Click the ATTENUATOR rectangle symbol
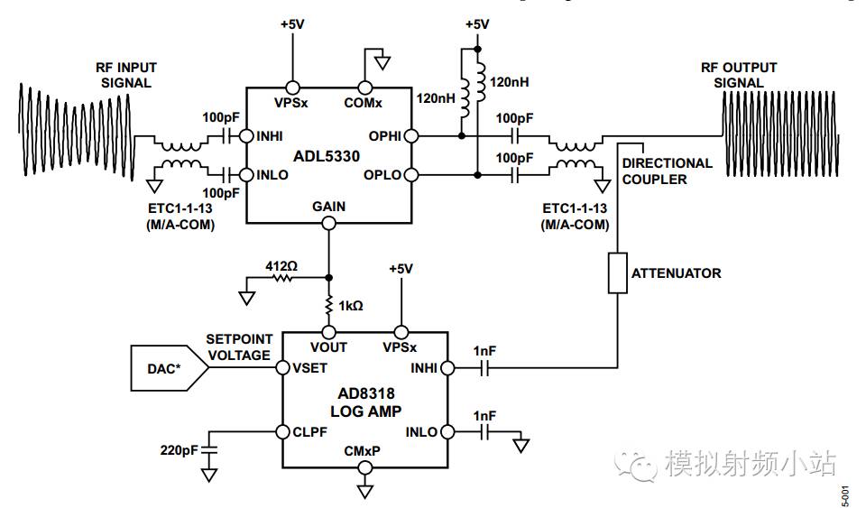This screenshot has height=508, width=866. (x=618, y=272)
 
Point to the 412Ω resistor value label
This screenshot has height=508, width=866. (x=281, y=266)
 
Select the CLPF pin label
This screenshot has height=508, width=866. (x=309, y=431)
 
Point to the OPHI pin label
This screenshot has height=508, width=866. (x=382, y=138)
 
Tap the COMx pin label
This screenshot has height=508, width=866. (x=364, y=103)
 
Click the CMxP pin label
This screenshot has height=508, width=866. (x=364, y=451)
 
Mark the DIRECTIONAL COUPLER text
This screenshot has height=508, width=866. (x=667, y=171)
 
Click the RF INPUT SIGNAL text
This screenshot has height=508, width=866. (x=124, y=75)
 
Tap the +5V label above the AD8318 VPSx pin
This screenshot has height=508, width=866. (x=401, y=268)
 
